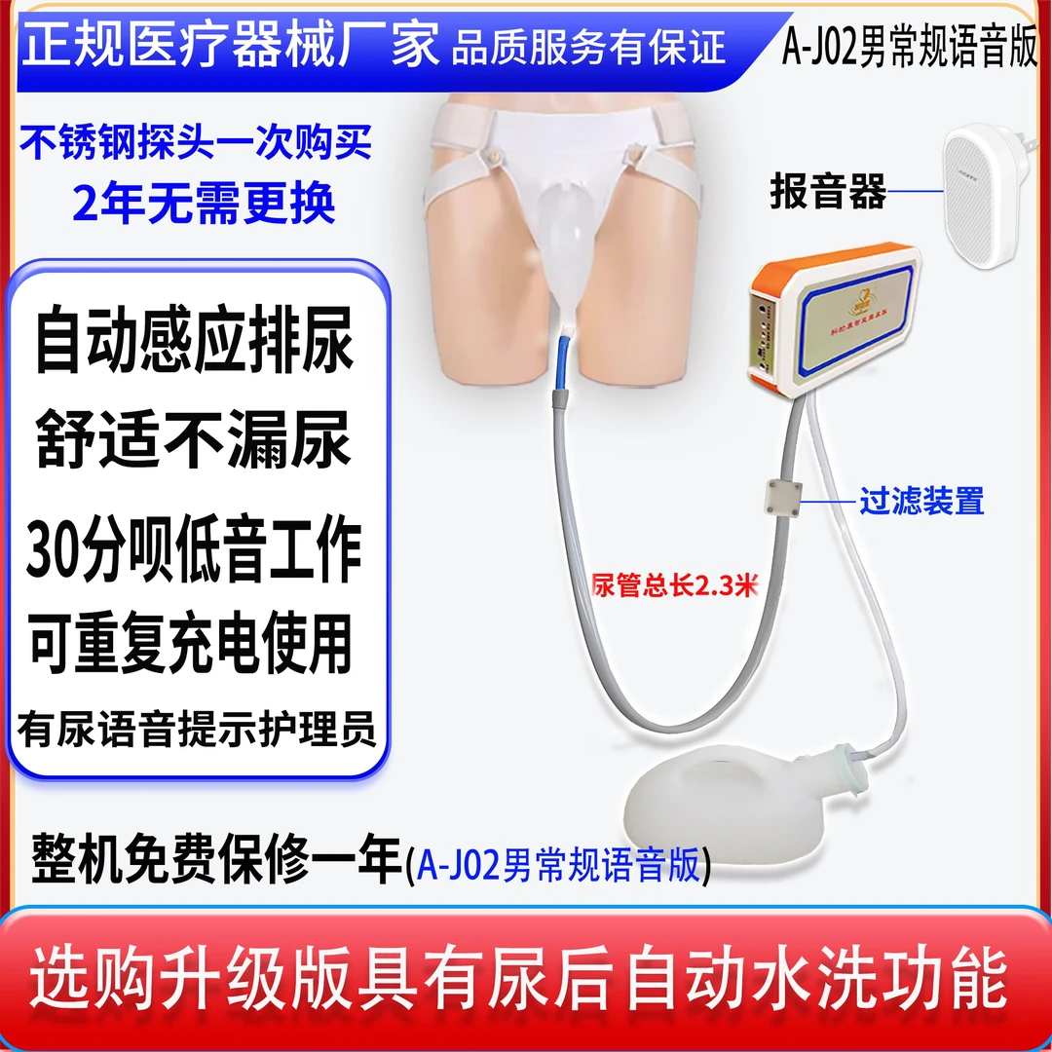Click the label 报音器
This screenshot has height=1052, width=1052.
click(827, 192)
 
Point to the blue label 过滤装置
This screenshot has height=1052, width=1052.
click(920, 502)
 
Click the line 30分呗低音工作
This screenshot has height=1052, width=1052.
click(194, 547)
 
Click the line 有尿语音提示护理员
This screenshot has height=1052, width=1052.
click(196, 730)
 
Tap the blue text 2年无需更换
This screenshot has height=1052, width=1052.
click(204, 203)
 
